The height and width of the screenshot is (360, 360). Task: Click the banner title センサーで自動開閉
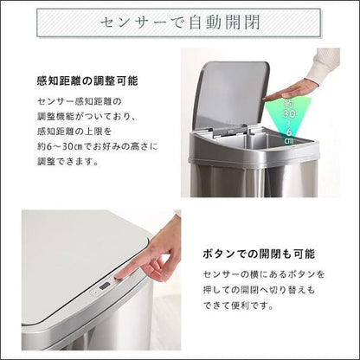180,22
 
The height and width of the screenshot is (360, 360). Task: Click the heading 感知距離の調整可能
87,81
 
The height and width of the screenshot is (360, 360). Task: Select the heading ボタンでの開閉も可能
259,254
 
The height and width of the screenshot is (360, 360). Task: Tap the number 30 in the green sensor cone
289,113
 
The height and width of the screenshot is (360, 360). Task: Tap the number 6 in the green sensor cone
289,132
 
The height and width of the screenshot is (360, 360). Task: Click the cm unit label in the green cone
289,140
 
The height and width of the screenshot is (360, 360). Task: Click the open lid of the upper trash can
231,94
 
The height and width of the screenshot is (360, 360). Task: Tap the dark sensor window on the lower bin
105,286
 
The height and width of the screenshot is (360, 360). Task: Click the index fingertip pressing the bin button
119,276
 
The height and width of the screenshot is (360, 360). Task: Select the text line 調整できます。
67,162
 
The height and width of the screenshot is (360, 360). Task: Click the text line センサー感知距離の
80,101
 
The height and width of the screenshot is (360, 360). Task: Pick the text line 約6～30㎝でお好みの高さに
98,147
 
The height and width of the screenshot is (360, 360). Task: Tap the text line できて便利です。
238,305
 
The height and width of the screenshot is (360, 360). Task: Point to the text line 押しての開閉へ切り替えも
259,290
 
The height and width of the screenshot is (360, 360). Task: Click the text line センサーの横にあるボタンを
264,274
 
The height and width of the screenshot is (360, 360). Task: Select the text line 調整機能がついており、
87,117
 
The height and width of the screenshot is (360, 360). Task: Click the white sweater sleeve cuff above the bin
323,66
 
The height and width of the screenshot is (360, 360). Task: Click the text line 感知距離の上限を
74,132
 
